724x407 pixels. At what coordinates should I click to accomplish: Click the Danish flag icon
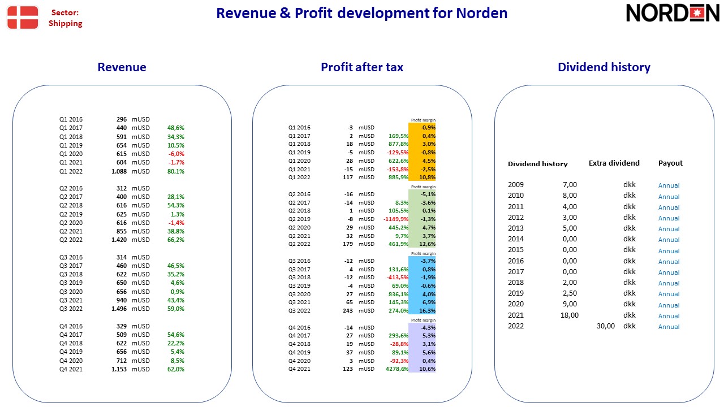coord(23,18)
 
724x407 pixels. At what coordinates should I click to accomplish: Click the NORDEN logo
coord(673,13)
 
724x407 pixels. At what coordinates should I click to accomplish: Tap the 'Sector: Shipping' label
coord(65,18)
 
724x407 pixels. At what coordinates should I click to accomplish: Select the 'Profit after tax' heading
coord(361,67)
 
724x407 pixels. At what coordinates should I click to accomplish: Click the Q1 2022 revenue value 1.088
coord(119,171)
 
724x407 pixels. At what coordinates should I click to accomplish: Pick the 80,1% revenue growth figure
coord(175,171)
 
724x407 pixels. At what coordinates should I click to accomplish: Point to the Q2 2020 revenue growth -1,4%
coord(176,223)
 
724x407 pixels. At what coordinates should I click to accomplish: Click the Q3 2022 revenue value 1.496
coord(119,309)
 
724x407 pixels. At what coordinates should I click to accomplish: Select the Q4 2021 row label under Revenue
coord(71,369)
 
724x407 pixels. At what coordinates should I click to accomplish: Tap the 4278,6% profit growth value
coord(397,369)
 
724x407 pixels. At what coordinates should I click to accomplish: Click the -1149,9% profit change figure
coord(395,219)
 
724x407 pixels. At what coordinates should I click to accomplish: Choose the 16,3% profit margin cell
coord(427,311)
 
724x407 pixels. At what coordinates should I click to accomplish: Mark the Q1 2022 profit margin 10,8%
coord(427,177)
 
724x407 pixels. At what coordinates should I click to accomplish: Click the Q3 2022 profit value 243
coord(348,311)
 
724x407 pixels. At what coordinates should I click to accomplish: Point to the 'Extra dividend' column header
coord(614,163)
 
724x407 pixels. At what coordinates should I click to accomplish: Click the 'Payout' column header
coord(670,163)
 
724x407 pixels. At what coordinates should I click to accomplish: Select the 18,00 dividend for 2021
coord(570,315)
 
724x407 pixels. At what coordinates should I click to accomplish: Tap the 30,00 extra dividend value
coord(606,326)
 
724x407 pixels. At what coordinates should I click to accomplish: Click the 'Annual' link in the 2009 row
coord(669,185)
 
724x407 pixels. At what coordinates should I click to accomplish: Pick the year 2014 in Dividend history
coord(515,239)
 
